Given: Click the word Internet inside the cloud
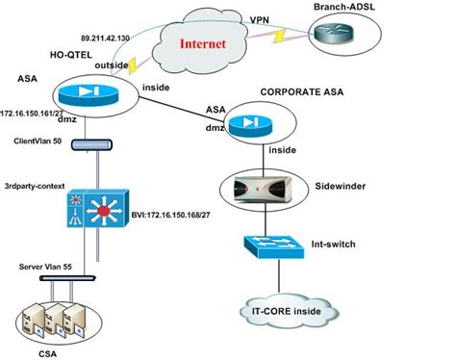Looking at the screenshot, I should click(x=212, y=44).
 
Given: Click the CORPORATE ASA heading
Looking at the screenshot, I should click(x=302, y=93).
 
